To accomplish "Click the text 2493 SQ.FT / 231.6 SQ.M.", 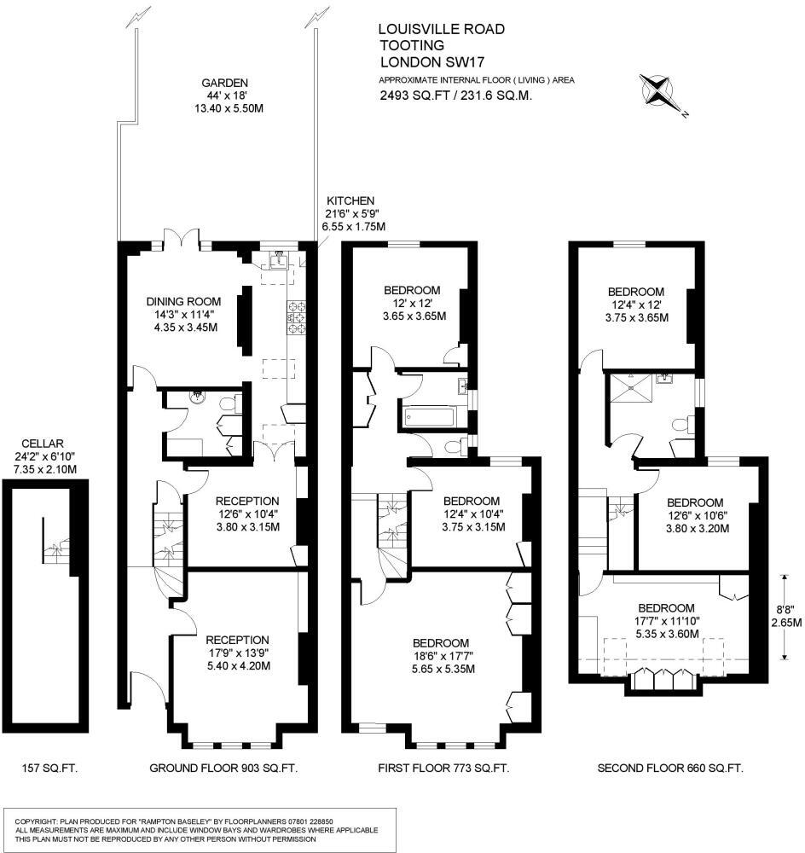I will (x=455, y=96).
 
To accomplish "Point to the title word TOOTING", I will (x=411, y=46).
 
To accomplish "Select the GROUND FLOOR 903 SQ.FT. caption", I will (x=223, y=769).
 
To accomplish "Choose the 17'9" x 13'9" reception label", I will (x=236, y=653).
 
